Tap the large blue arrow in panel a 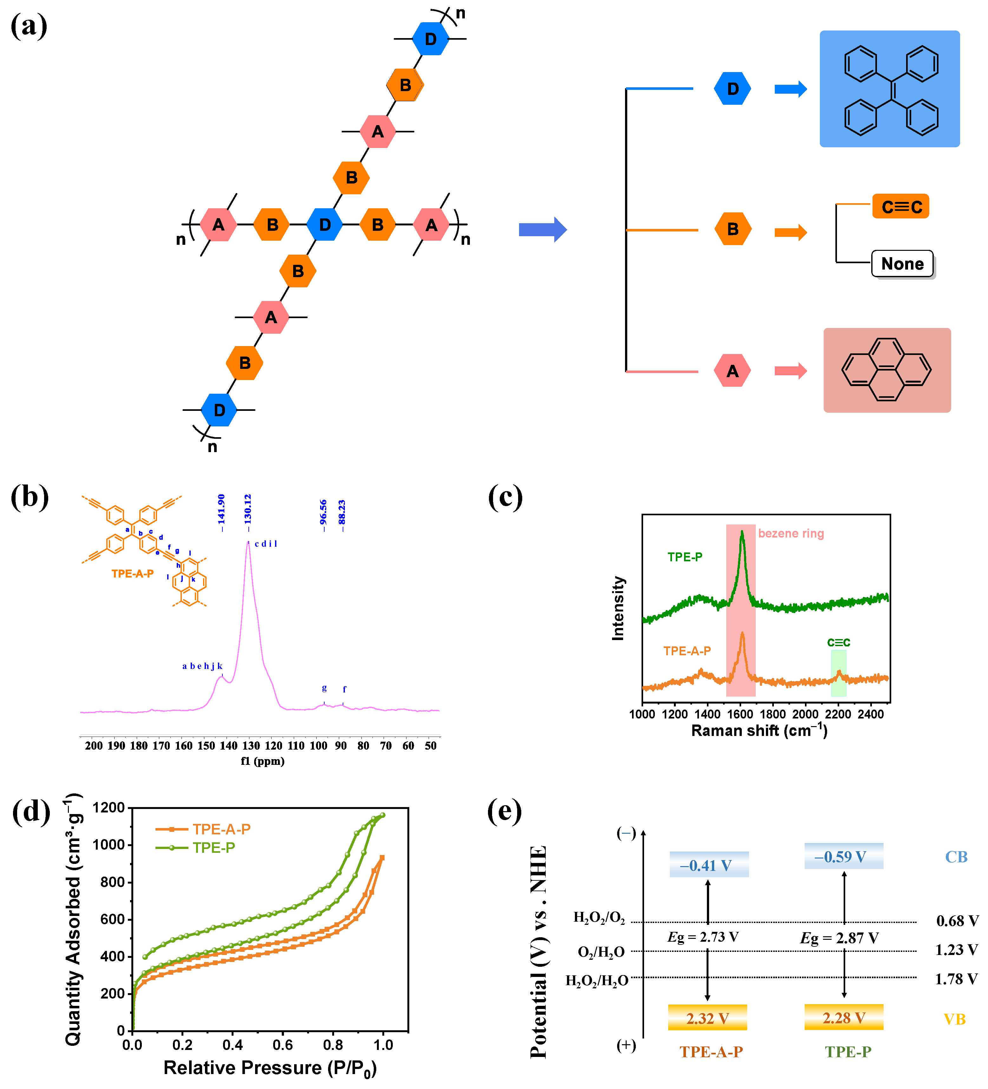[542, 230]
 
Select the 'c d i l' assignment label [266, 544]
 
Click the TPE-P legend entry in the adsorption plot [214, 847]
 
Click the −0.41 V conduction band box [708, 864]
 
